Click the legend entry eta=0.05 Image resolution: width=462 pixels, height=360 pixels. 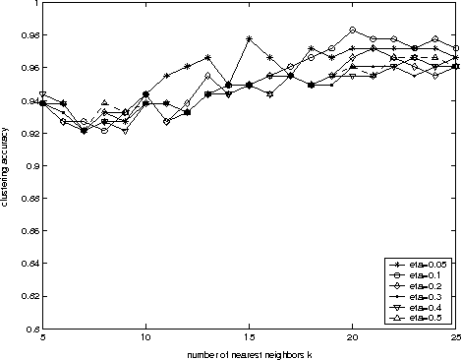(x=427, y=266)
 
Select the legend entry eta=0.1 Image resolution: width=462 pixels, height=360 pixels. (x=425, y=276)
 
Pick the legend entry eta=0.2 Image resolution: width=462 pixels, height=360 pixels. (x=425, y=287)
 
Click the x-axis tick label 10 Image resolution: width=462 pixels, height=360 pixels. (x=145, y=339)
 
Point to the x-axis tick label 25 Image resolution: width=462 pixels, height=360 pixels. (x=455, y=339)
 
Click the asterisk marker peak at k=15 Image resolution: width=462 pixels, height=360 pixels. (x=250, y=38)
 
